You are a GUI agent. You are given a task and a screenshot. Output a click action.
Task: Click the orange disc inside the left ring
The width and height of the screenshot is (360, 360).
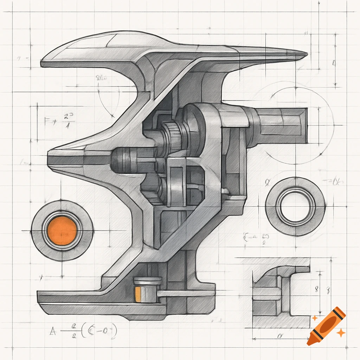(x=62, y=231)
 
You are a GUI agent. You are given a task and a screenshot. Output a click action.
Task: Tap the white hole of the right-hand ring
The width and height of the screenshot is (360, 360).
(x=295, y=206)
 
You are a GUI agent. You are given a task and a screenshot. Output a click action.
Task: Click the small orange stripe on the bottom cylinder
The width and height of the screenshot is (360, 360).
(x=138, y=294)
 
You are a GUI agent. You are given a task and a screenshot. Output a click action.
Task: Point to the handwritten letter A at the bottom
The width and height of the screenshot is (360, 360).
(x=53, y=331)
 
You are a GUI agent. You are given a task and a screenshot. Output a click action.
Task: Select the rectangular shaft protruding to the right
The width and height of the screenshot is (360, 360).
(x=281, y=126)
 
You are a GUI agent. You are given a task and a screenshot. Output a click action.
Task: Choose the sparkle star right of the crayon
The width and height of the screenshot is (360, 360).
(x=340, y=332)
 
